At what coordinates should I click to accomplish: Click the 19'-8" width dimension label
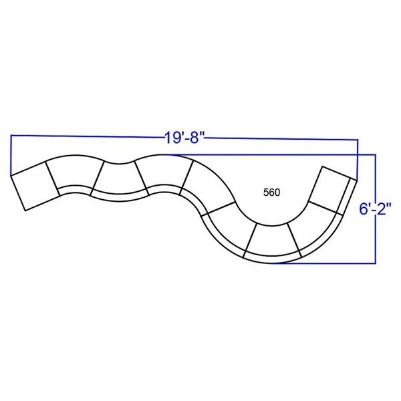pos(184,138)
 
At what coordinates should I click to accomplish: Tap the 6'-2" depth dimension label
pos(376,209)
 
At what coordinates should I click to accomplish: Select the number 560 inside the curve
pos(271,192)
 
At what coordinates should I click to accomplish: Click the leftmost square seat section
pos(35,186)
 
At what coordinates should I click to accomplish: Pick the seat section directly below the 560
pos(272,241)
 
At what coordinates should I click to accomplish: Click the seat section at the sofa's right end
pos(331,190)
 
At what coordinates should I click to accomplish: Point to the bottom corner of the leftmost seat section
pos(25,211)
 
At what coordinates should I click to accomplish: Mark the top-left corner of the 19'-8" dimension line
pos(11,135)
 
